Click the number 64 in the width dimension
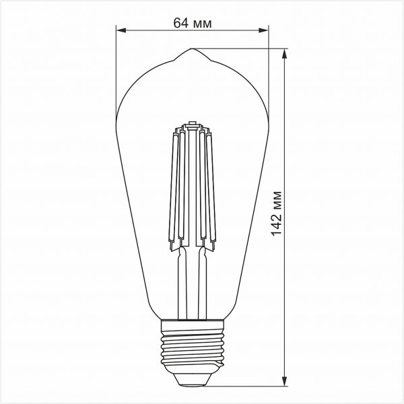click(x=180, y=24)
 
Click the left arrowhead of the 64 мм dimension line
click(x=121, y=30)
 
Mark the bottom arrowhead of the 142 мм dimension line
click(x=287, y=382)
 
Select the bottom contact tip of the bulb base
click(x=192, y=381)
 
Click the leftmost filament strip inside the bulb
click(x=169, y=189)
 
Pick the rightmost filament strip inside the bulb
click(x=215, y=189)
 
